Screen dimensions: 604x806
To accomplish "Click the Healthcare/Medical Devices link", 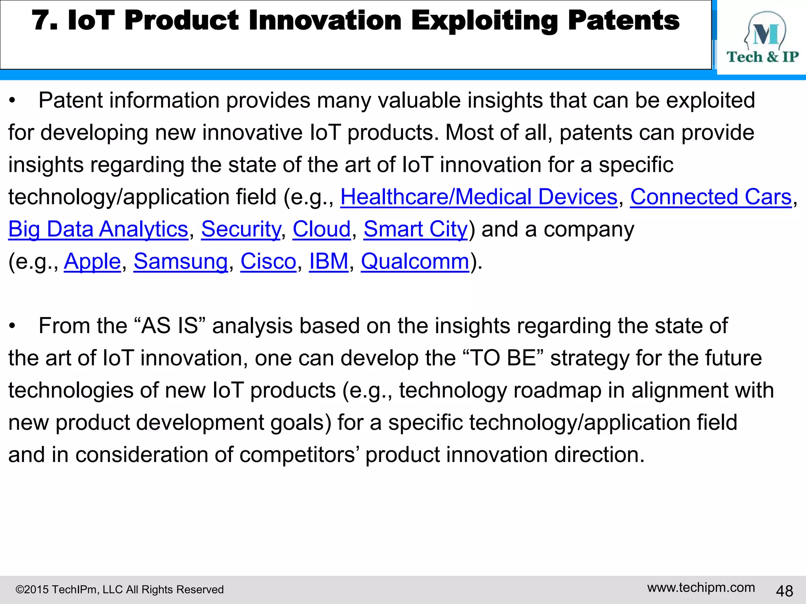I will (479, 197).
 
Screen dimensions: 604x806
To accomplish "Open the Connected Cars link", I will (710, 197).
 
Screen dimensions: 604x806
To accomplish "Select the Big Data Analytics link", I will (98, 229).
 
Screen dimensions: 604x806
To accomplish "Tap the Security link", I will (241, 229).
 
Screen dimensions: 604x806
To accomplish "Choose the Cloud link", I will (321, 229).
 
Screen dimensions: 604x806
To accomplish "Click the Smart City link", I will (415, 229).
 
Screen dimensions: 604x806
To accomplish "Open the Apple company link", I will (92, 261).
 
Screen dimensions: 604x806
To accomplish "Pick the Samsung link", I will (180, 261).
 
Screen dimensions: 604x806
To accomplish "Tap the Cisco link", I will (268, 261).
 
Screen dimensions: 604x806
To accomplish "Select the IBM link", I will (329, 261).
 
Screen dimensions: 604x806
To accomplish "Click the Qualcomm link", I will (415, 261).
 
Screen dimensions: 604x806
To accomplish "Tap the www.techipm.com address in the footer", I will (701, 587).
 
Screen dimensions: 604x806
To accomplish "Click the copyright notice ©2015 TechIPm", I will (119, 589).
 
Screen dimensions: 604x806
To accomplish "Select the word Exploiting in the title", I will (484, 21).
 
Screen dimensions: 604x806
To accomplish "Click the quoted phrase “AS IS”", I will (170, 326).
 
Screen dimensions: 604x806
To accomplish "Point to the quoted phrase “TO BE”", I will (501, 358).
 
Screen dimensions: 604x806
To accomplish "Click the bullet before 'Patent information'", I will (13, 101).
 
